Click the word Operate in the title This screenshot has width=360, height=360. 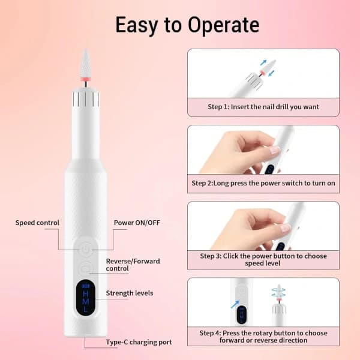[x=224, y=25]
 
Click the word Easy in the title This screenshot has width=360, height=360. [x=137, y=25]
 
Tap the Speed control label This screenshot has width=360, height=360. [x=37, y=223]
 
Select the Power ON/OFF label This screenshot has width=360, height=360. [x=137, y=223]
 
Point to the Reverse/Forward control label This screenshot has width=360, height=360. [x=133, y=265]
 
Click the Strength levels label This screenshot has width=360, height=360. [x=130, y=293]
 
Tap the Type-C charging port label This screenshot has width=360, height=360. [x=139, y=342]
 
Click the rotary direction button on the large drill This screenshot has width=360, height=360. [x=85, y=268]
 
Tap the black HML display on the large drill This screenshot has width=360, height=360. [x=86, y=298]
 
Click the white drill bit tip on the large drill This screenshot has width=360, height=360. [x=85, y=63]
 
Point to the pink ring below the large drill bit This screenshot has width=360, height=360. [x=85, y=79]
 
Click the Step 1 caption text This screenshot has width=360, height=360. [x=263, y=107]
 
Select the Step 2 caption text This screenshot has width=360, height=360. [x=263, y=183]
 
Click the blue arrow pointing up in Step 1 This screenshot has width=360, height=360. [x=263, y=62]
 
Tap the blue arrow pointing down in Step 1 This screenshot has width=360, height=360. [x=271, y=74]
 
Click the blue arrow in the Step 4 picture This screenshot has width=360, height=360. [x=235, y=304]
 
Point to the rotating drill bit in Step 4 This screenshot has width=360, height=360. [x=279, y=293]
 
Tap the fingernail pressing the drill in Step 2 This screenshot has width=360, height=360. [x=275, y=151]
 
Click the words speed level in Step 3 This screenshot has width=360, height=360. [x=262, y=263]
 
